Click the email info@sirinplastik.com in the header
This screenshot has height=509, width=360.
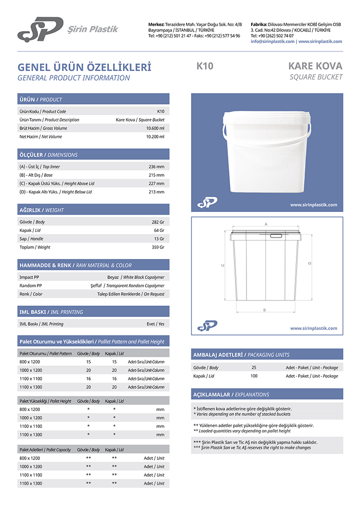click(x=272, y=41)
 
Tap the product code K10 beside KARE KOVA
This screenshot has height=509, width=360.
click(x=205, y=66)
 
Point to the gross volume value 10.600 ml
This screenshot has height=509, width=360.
click(x=155, y=128)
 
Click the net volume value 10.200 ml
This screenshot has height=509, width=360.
click(x=155, y=136)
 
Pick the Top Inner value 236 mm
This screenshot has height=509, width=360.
click(x=156, y=166)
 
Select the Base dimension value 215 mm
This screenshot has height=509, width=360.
click(x=156, y=175)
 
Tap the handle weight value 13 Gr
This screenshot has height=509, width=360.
click(x=159, y=238)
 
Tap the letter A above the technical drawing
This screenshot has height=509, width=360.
click(x=266, y=224)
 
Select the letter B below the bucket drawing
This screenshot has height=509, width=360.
click(x=264, y=310)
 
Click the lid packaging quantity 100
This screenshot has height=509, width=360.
click(x=254, y=376)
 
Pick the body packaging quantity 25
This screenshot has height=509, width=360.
click(x=254, y=367)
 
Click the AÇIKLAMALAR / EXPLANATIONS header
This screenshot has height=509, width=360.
click(x=231, y=394)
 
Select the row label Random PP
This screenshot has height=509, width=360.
click(x=30, y=285)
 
